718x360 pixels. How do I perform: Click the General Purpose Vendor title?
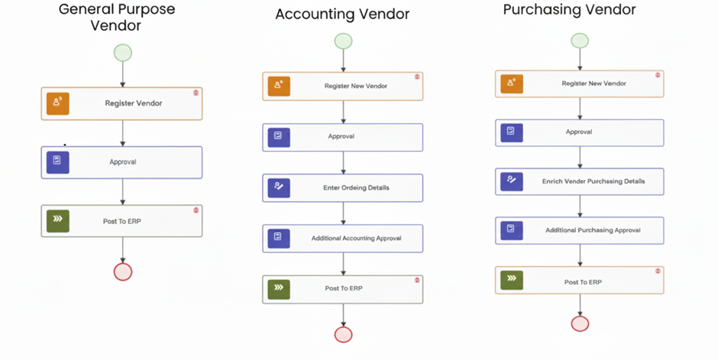[x=117, y=17]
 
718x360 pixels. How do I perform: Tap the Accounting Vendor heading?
[x=342, y=14]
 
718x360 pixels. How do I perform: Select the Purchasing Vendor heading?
[x=569, y=10]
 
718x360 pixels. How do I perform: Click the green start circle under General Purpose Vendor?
[x=122, y=53]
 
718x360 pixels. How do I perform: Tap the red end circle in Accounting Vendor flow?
[x=343, y=334]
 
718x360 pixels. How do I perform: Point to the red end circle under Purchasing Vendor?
[x=580, y=323]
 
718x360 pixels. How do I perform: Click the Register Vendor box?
[x=122, y=103]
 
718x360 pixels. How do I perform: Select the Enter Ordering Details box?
[x=342, y=187]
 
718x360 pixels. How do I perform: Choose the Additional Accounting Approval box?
[x=342, y=238]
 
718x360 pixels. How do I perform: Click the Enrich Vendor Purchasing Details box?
[x=579, y=181]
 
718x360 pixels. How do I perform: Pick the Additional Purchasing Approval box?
[x=579, y=230]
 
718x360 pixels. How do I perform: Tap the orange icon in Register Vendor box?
[x=57, y=103]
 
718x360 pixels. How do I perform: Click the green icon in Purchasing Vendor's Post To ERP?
[x=512, y=280]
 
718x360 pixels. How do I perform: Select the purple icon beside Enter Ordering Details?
[x=278, y=187]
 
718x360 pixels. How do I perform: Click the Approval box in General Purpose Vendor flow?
[x=122, y=162]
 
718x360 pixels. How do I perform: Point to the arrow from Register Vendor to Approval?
[x=122, y=133]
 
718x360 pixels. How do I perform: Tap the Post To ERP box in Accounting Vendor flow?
[x=342, y=288]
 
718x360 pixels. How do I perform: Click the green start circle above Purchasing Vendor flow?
[x=580, y=41]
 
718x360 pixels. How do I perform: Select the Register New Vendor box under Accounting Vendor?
[x=342, y=86]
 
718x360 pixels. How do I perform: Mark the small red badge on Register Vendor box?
[x=196, y=92]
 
